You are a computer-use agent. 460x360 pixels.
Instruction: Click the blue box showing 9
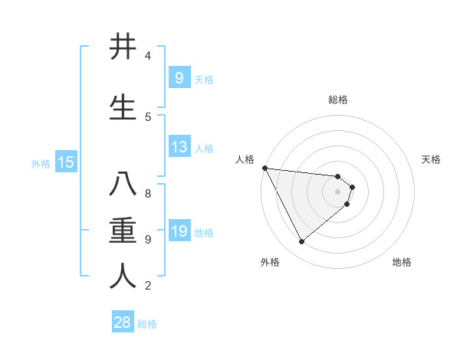179,77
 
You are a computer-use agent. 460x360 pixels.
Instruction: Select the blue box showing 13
179,147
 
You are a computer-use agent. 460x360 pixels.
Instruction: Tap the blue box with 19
179,231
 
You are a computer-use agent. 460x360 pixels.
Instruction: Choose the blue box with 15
66,162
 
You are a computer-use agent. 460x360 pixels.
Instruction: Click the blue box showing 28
123,322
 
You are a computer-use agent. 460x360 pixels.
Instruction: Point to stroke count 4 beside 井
148,56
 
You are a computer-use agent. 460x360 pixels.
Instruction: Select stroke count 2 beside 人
148,286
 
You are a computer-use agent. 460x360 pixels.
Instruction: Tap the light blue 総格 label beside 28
147,324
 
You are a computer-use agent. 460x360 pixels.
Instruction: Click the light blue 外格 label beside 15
41,163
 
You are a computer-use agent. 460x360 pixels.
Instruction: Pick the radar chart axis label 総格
338,100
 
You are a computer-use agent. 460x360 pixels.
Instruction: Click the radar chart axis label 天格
432,159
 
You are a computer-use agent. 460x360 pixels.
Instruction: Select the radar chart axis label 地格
402,262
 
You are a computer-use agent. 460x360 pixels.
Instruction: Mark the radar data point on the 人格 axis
264,168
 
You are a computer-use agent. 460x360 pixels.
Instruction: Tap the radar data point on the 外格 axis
301,241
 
